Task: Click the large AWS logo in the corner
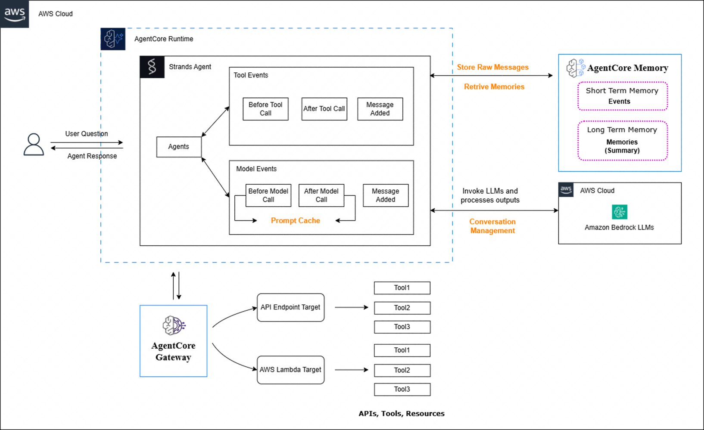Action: click(x=15, y=14)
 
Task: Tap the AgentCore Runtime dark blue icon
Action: click(x=113, y=39)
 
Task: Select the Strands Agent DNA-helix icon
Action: click(x=152, y=67)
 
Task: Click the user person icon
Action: click(x=34, y=145)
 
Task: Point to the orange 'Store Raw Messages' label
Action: click(x=492, y=67)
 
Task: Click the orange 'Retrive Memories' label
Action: click(x=494, y=87)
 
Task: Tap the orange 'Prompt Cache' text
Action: click(x=296, y=221)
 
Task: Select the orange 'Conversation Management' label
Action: click(x=492, y=226)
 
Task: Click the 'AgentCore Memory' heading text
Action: click(x=627, y=68)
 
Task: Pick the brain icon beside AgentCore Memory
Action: click(x=576, y=68)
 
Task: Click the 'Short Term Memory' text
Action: click(x=622, y=91)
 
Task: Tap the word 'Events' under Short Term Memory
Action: click(x=619, y=102)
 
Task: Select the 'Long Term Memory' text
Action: click(x=622, y=130)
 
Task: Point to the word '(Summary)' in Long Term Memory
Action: click(x=622, y=151)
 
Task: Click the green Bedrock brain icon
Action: click(x=620, y=212)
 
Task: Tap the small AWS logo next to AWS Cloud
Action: click(x=566, y=190)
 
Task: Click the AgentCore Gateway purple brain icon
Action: click(x=173, y=327)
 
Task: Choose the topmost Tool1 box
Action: click(x=402, y=288)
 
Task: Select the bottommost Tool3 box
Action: click(x=402, y=390)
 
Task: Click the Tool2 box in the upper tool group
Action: click(x=402, y=308)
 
